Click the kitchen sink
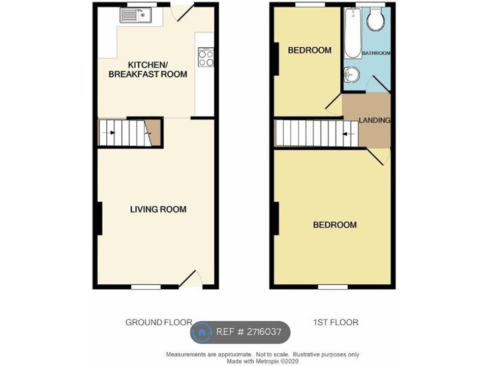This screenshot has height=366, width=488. click(x=136, y=16)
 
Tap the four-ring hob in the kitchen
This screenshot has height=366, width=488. click(x=206, y=57)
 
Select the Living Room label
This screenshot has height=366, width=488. click(x=158, y=209)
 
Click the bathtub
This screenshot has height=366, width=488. click(x=352, y=33)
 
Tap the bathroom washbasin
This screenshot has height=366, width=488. click(x=351, y=75)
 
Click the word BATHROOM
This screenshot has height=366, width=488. click(x=376, y=53)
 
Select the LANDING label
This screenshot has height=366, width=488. click(x=374, y=120)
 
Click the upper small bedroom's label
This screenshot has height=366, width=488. click(x=310, y=50)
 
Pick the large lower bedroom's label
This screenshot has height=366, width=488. click(x=334, y=225)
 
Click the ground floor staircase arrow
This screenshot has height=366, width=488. click(x=109, y=133)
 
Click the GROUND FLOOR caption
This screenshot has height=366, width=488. click(x=159, y=322)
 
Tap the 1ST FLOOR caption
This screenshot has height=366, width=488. click(x=336, y=322)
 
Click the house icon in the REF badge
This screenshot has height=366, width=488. click(x=202, y=332)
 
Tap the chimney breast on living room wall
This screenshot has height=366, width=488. click(x=99, y=218)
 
